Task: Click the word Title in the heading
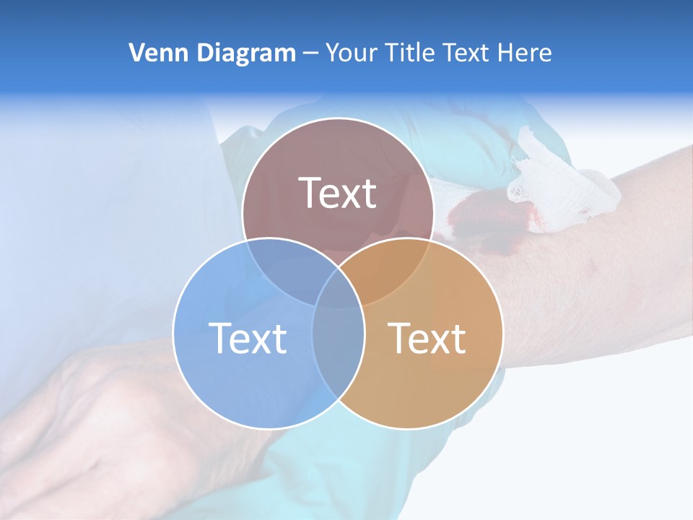pos(409,53)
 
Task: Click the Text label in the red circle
pos(338,193)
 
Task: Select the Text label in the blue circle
pos(248,338)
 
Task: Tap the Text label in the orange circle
pos(427,338)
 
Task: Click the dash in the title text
pos(310,53)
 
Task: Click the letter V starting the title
pos(136,53)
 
